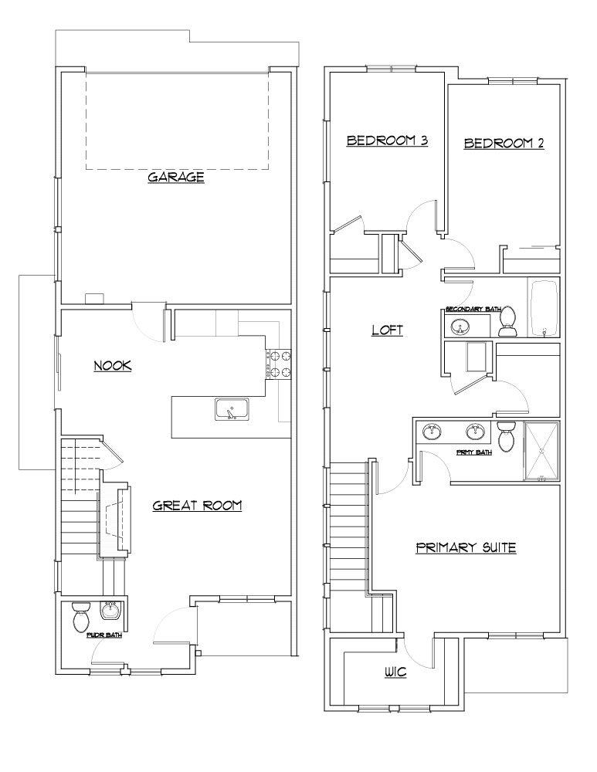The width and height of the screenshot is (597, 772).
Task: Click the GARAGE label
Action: [176, 178]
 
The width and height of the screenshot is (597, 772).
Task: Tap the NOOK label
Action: [113, 366]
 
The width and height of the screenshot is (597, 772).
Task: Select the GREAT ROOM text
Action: [198, 506]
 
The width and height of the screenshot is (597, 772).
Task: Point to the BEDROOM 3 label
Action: [387, 141]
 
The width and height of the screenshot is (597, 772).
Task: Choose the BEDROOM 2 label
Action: [504, 143]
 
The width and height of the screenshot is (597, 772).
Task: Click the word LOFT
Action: [388, 330]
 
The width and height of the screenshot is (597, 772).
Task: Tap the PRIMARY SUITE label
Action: [466, 548]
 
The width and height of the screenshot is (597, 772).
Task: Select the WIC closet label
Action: [395, 673]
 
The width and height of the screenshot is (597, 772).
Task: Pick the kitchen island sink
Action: [230, 409]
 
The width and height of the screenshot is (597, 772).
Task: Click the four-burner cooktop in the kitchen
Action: [280, 364]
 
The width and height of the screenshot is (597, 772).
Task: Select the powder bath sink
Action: [112, 611]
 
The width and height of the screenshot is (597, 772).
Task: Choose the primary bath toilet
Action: [507, 436]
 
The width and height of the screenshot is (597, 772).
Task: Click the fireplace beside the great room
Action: [115, 522]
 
